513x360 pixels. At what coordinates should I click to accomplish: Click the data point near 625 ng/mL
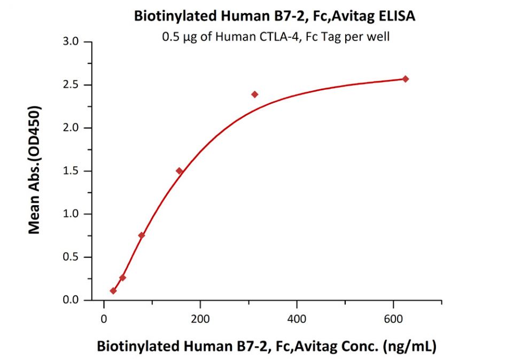406,79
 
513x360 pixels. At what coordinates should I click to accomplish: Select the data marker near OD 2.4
255,95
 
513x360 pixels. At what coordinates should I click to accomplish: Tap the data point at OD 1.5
180,171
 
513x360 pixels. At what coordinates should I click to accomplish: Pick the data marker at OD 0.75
142,236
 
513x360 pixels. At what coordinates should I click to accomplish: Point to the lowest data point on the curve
113,291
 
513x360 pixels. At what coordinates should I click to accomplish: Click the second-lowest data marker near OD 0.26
123,278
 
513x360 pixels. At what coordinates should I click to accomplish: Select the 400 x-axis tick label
297,319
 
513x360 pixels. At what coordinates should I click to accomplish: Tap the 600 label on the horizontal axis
393,319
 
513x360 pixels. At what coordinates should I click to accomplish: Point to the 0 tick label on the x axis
104,319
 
